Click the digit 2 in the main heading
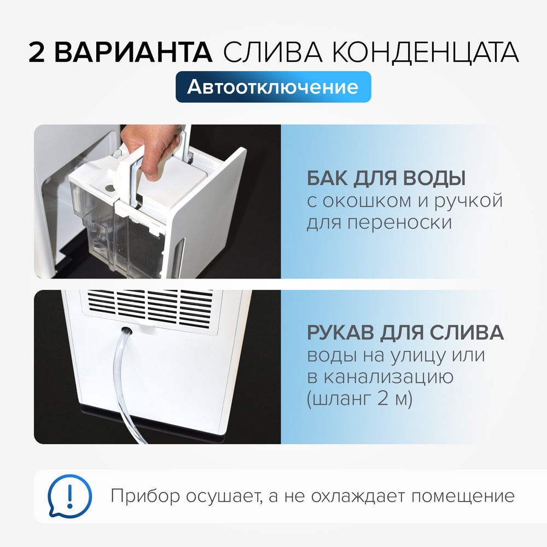pos(37,53)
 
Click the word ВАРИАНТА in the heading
pos(133,53)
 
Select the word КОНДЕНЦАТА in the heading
pos(424,53)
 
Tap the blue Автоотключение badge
pos(273,87)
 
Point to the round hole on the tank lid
pos(110,188)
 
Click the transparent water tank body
pos(104,234)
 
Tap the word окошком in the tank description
pos(368,201)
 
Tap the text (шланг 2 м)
pos(360,398)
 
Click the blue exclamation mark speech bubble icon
pos(69,496)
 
